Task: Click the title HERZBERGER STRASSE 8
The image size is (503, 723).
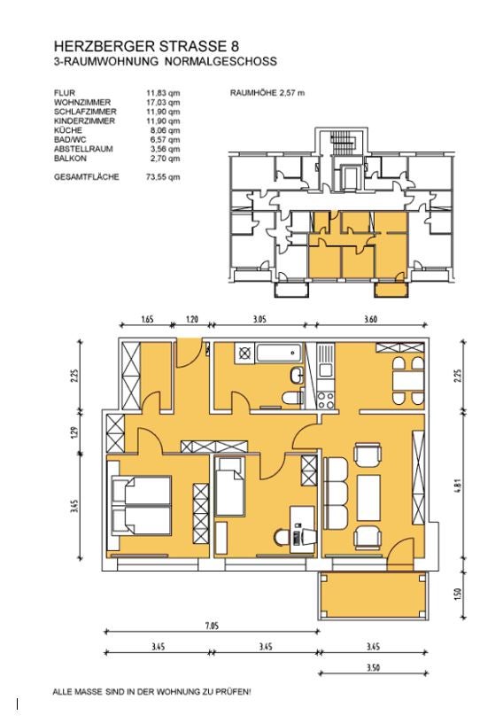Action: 145,46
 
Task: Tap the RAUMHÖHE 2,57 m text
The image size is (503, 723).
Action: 267,92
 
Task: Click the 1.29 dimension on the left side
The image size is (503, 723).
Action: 77,432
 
